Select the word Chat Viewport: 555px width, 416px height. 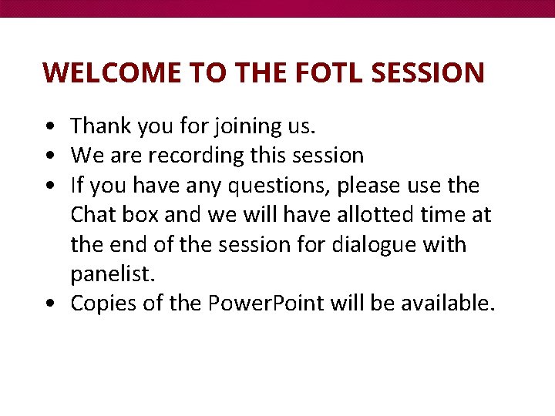[x=93, y=215]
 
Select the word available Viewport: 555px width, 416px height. [x=447, y=304]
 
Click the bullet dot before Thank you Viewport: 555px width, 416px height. [x=51, y=126]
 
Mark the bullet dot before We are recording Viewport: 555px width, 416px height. [x=51, y=156]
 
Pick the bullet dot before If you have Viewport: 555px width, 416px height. [x=51, y=186]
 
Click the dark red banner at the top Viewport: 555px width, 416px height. [x=277, y=8]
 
